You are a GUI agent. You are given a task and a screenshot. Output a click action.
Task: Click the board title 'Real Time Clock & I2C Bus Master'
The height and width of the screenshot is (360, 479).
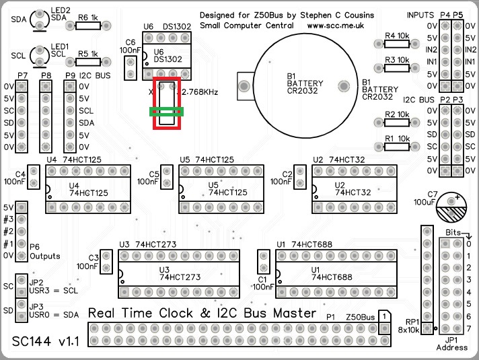(x=202, y=314)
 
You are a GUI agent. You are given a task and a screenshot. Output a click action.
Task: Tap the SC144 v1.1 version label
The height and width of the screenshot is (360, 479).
(x=46, y=342)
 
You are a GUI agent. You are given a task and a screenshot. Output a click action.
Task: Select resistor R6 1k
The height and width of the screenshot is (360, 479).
(x=89, y=26)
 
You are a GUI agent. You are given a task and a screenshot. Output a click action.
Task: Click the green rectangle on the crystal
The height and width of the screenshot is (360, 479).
(x=168, y=112)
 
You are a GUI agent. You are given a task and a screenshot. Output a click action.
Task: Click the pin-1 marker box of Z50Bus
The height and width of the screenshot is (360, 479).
(x=383, y=316)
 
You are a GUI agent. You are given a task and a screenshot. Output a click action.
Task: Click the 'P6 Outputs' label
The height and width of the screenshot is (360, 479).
(x=45, y=252)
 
